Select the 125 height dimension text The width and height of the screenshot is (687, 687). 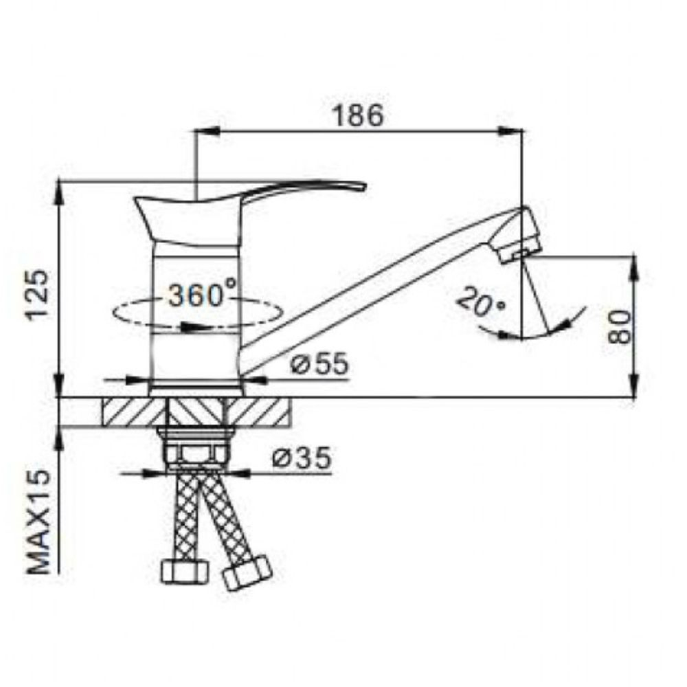point(37,295)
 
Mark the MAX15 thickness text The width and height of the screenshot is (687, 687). point(41,522)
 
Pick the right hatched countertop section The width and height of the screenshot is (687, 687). point(260,412)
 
